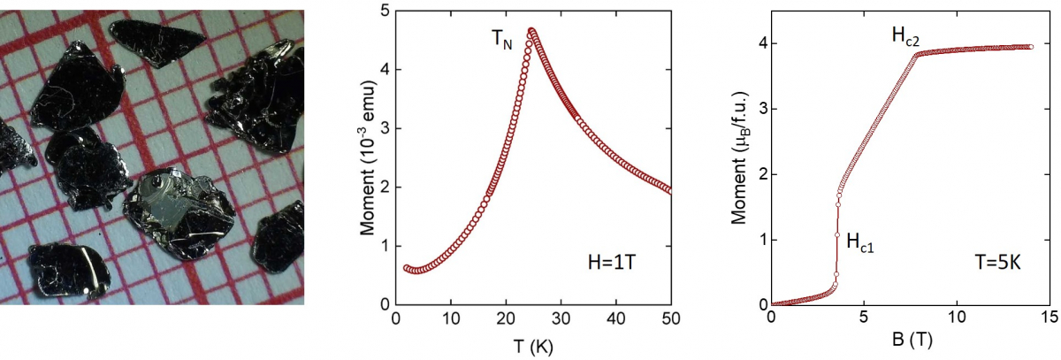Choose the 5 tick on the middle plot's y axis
pyautogui.click(x=384, y=11)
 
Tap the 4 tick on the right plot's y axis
pyautogui.click(x=758, y=44)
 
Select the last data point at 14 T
pyautogui.click(x=1031, y=46)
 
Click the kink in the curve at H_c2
pyautogui.click(x=917, y=54)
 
